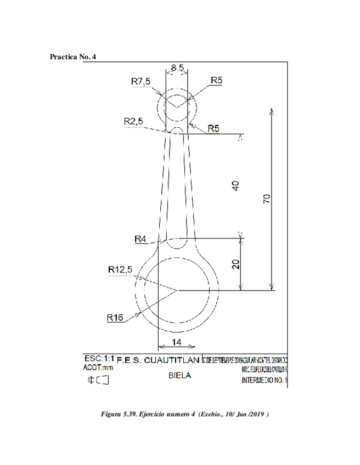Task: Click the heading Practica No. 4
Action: [x=73, y=57]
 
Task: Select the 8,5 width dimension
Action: [x=177, y=68]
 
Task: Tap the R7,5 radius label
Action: [x=140, y=81]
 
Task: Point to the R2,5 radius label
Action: [x=134, y=122]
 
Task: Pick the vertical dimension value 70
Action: [x=266, y=199]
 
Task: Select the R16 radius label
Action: [x=115, y=316]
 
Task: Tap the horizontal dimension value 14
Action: [x=176, y=342]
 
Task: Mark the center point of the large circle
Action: [x=176, y=290]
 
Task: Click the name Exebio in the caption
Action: [x=212, y=413]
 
